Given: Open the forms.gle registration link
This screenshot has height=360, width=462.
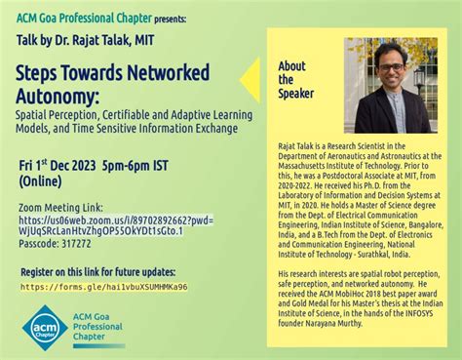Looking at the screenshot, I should [x=103, y=287].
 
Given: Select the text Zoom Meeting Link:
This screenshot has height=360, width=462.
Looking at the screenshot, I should [x=59, y=207].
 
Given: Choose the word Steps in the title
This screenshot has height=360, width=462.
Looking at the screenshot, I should [x=42, y=74].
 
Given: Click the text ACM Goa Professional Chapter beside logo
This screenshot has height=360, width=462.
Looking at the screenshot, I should [x=106, y=328].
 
